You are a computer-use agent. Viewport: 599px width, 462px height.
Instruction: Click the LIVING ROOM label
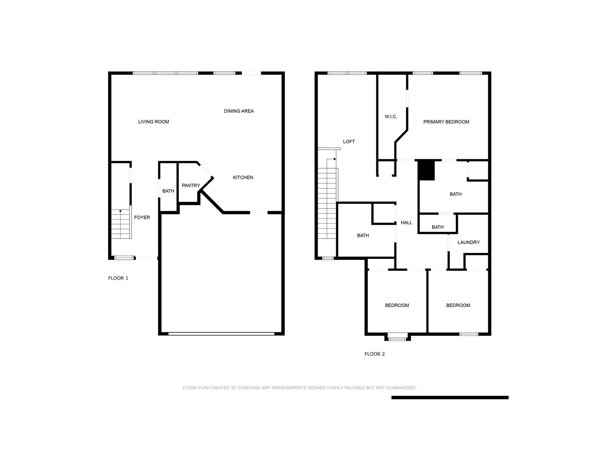coord(153,122)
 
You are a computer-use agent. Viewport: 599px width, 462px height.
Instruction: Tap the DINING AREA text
coord(239,111)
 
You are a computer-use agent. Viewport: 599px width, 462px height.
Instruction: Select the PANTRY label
coord(191,186)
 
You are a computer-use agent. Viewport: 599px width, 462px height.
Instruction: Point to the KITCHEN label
coord(243,177)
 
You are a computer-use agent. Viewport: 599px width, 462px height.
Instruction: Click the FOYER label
coord(142,217)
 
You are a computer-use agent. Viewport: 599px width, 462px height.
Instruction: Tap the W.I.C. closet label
coord(391,117)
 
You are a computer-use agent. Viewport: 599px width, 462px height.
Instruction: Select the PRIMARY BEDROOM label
coord(446,122)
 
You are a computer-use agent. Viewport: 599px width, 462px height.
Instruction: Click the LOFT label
coord(349,142)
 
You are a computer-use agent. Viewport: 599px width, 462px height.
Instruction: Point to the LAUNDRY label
coord(468,242)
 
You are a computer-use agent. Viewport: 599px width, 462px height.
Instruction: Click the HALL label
coord(406,223)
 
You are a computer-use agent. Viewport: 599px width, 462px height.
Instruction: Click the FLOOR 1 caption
coord(118,278)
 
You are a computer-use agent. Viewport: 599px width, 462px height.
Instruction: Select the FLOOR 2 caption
coord(374,354)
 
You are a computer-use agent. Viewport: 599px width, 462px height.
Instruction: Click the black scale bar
coord(450,398)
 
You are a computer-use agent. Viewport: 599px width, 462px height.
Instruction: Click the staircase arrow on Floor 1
coord(120,211)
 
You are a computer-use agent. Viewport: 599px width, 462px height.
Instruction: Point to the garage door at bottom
coord(221,334)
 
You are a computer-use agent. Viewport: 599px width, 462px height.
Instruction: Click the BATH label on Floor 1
coord(168,191)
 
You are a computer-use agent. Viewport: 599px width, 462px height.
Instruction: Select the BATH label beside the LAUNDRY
coord(437,227)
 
